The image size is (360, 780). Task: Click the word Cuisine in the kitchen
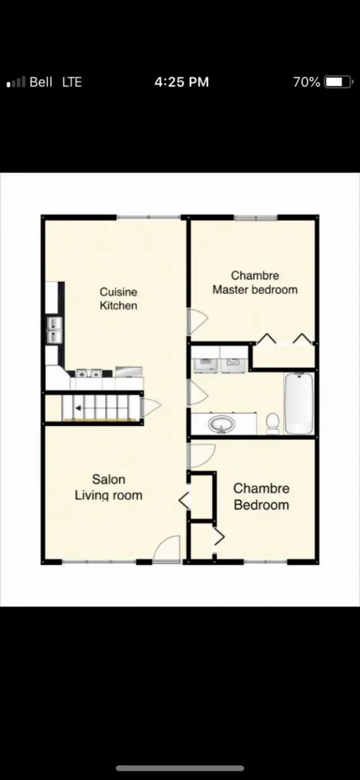tap(118, 292)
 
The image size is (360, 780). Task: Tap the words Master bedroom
tap(255, 290)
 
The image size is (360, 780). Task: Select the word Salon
tap(109, 479)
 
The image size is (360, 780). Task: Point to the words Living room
tap(109, 496)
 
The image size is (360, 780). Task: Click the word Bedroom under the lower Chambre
tap(262, 505)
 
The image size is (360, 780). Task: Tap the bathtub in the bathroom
tap(299, 403)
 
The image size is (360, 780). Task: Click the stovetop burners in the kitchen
tap(89, 373)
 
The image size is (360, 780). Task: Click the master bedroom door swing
tap(197, 320)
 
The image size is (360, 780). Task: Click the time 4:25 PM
tap(181, 82)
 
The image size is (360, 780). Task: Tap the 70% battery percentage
tap(306, 82)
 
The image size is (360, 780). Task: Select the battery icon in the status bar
tap(338, 82)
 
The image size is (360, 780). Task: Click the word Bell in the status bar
tap(41, 82)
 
